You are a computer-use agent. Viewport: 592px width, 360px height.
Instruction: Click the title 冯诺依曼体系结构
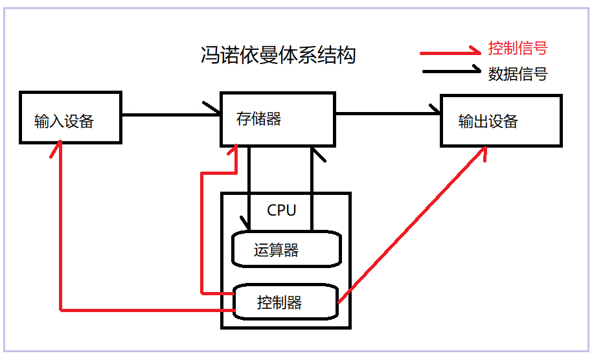click(278, 55)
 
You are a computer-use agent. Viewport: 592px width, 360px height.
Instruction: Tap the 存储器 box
click(278, 119)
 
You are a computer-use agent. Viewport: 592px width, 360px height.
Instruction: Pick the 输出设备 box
click(501, 121)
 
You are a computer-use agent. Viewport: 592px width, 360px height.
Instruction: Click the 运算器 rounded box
click(286, 249)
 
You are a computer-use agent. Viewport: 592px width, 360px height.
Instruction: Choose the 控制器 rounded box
click(286, 302)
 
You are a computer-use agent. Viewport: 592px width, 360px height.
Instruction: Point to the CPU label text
click(281, 210)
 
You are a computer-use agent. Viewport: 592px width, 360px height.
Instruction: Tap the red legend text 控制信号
click(518, 49)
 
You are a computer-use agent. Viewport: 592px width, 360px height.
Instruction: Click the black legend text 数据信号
click(518, 74)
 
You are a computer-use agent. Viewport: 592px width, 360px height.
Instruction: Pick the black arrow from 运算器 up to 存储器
click(312, 188)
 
